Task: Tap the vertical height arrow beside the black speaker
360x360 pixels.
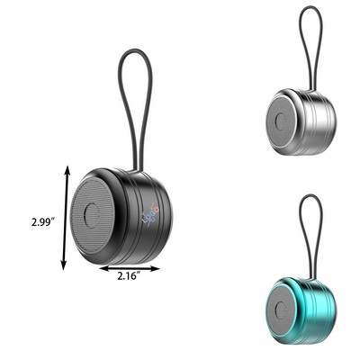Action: click(63, 216)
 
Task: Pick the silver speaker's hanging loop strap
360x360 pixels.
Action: click(310, 45)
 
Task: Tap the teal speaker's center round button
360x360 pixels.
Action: click(287, 305)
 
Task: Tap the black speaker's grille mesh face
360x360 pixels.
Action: click(84, 193)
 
